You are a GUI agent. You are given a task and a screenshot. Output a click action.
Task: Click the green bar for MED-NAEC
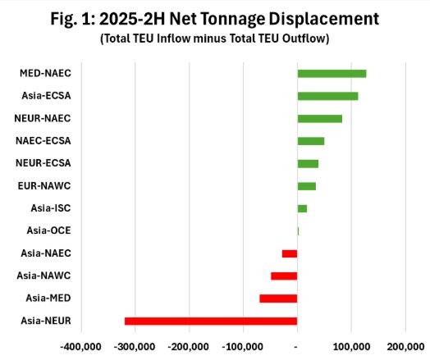(x=332, y=74)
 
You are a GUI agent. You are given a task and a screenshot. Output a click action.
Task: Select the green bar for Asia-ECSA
(x=327, y=96)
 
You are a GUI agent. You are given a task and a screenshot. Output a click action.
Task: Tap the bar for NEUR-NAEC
(x=319, y=119)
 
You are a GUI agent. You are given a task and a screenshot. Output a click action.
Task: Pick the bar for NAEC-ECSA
(x=310, y=141)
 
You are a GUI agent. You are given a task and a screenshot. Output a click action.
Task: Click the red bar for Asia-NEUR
(x=211, y=321)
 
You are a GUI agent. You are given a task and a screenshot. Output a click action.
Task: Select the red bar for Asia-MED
(x=278, y=298)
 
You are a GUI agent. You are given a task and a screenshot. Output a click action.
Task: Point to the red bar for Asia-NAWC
(x=284, y=276)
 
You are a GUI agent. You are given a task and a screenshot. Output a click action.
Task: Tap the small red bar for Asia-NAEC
(x=290, y=253)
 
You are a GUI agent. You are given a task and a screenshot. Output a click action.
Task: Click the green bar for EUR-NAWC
(x=306, y=186)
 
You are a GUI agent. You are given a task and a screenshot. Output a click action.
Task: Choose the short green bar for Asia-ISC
(x=302, y=208)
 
